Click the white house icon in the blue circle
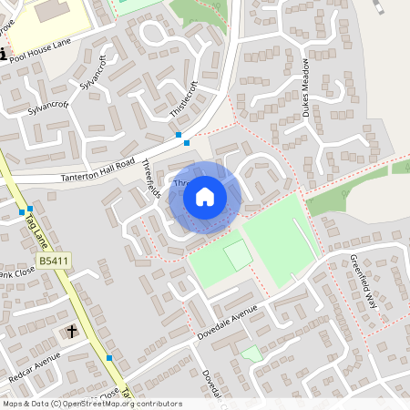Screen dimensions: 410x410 click(x=205, y=196)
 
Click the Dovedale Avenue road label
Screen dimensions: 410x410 click(x=232, y=324)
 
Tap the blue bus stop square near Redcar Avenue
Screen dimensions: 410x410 click(x=109, y=358)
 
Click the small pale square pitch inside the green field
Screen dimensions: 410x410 click(x=238, y=256)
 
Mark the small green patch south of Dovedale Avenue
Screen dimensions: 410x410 click(x=250, y=353)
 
